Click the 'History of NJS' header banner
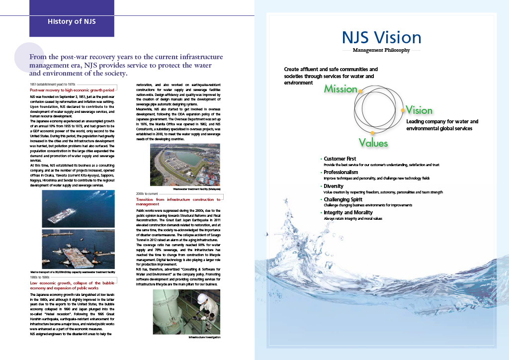(72, 21)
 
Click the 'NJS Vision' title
(381, 38)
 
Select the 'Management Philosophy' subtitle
(381, 50)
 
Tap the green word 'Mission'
(340, 89)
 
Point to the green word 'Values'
(373, 143)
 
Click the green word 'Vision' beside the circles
(419, 110)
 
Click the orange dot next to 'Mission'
(360, 91)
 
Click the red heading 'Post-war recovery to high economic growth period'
(72, 90)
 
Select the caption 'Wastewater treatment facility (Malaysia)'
(197, 189)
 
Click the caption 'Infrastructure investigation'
(205, 337)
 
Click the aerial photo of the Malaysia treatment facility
(185, 165)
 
